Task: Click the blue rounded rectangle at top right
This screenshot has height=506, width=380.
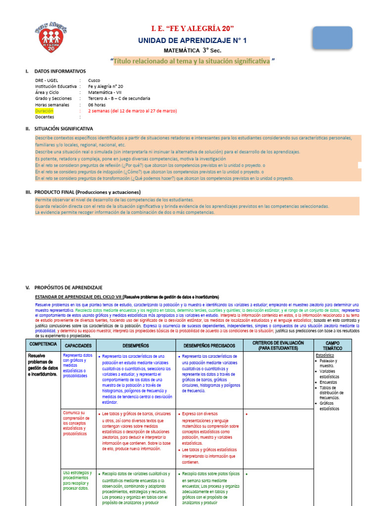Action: [332, 38]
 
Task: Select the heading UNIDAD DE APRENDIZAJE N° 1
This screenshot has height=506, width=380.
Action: [192, 40]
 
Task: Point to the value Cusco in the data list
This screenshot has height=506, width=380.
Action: [94, 80]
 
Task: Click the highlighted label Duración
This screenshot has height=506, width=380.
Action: [44, 111]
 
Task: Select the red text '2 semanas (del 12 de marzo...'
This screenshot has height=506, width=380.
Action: [132, 111]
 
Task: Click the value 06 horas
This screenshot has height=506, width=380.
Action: [96, 105]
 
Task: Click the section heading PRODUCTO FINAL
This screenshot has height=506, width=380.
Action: [87, 192]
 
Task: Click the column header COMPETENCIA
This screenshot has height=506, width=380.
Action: [43, 343]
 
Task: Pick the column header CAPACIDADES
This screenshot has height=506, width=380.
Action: [78, 346]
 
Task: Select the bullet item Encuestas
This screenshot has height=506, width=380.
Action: [328, 382]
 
